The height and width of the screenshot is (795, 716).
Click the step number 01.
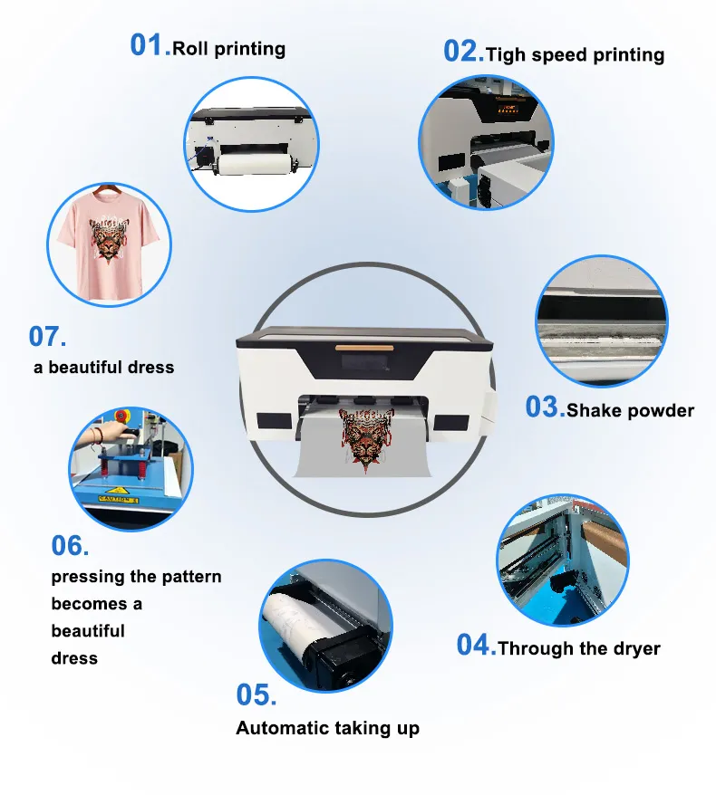pyautogui.click(x=150, y=44)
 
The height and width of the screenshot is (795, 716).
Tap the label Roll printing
pyautogui.click(x=228, y=49)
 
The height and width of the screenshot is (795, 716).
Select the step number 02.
pyautogui.click(x=463, y=52)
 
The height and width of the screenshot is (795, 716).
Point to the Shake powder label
pyautogui.click(x=630, y=410)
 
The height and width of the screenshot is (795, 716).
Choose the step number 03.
pyautogui.click(x=545, y=407)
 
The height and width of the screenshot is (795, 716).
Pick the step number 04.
pyautogui.click(x=476, y=646)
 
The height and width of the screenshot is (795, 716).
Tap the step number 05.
pyautogui.click(x=256, y=695)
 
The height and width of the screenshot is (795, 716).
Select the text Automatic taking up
pyautogui.click(x=327, y=728)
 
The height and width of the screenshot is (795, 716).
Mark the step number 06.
pyautogui.click(x=70, y=546)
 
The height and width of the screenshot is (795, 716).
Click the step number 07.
pyautogui.click(x=48, y=337)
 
